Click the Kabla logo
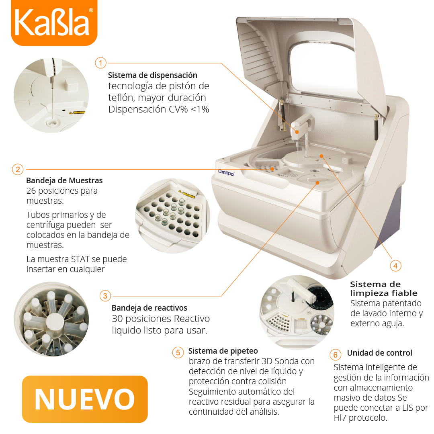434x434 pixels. (x=54, y=23)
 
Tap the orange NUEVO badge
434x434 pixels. (x=85, y=399)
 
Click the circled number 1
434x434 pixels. (x=101, y=63)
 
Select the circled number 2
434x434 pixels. (x=18, y=169)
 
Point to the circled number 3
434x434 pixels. (x=105, y=296)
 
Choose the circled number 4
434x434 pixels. (x=395, y=266)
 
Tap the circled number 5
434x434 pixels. (x=178, y=352)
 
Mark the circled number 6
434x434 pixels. (x=336, y=354)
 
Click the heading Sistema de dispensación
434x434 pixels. (x=153, y=75)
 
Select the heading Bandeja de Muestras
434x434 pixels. (x=64, y=180)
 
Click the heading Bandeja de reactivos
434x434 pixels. (x=149, y=308)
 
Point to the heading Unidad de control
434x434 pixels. (x=379, y=353)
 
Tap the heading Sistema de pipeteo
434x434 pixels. (x=223, y=351)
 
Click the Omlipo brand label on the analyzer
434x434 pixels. (x=226, y=172)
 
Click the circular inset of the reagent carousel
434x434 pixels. (x=51, y=319)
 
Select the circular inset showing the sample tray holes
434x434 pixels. (x=173, y=216)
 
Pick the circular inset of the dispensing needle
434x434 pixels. (x=51, y=95)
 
